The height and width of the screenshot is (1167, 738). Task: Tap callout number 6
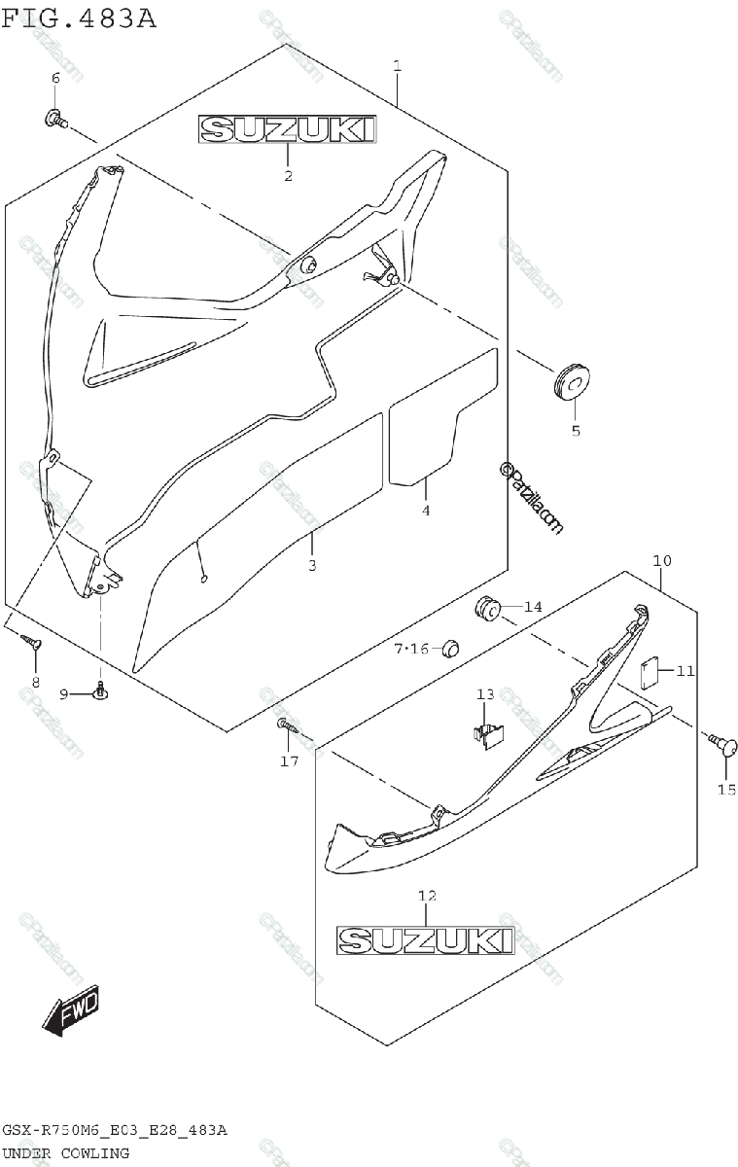click(x=54, y=77)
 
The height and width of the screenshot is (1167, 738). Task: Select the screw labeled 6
click(x=54, y=120)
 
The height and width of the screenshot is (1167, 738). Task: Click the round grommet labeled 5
click(x=573, y=381)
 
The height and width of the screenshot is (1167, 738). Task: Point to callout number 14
click(x=533, y=607)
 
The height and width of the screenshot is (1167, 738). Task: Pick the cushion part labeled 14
click(x=487, y=609)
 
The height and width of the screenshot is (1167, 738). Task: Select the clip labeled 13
click(x=486, y=733)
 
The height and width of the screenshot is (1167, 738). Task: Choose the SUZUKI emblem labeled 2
click(x=288, y=129)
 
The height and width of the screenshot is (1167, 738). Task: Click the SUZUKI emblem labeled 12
click(x=425, y=939)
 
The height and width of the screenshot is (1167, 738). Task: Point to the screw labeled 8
click(x=33, y=643)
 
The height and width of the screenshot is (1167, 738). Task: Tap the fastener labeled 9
click(x=100, y=690)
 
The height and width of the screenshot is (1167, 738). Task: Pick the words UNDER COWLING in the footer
click(x=65, y=1153)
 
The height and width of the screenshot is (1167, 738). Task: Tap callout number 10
click(x=661, y=561)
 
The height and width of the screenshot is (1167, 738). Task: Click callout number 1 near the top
click(x=397, y=65)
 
